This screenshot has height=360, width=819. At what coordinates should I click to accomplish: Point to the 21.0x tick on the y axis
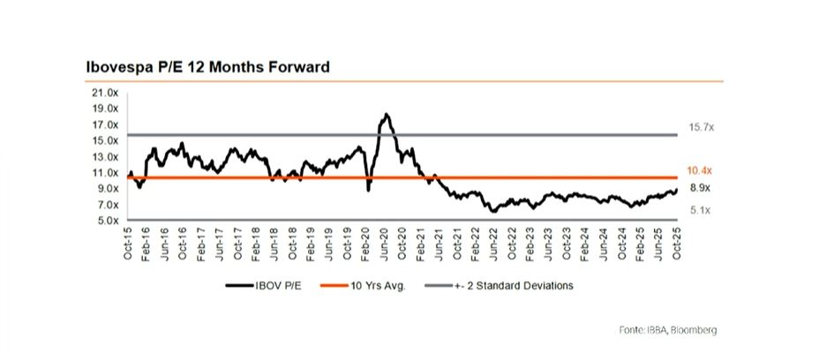tap(107, 93)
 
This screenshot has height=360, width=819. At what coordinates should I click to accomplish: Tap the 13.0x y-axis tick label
tap(107, 156)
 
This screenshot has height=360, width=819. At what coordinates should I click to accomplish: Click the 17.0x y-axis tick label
tap(107, 124)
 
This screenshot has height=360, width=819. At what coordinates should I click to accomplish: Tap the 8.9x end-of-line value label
tap(700, 188)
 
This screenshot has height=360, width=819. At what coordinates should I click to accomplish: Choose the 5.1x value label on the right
tap(700, 210)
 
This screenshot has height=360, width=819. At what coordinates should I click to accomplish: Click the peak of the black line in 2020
tap(386, 115)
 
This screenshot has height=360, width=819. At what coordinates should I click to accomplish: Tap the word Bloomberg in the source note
tap(693, 329)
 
